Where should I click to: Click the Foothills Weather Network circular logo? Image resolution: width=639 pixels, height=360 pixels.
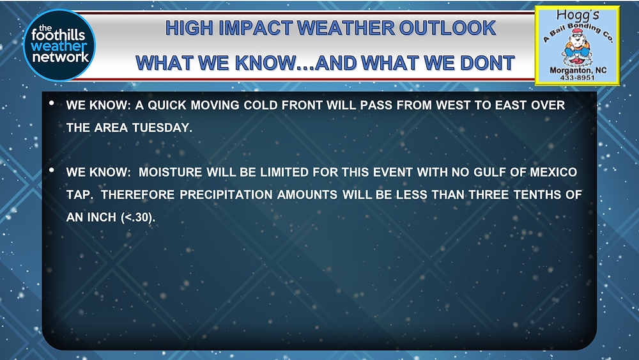tap(59, 45)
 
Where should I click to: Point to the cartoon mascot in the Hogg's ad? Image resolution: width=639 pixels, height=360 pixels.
tap(576, 48)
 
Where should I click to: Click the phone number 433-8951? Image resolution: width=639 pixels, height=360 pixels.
tap(577, 77)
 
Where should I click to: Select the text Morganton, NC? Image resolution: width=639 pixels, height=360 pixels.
tap(578, 70)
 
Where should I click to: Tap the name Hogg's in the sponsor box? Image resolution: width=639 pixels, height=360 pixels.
tap(578, 15)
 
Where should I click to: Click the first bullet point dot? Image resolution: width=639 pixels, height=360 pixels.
tap(52, 103)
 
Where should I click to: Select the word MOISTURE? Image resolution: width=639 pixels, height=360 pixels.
tap(171, 172)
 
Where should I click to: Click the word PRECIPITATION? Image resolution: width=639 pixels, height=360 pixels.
tap(226, 194)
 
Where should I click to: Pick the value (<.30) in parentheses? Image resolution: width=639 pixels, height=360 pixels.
tap(138, 217)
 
